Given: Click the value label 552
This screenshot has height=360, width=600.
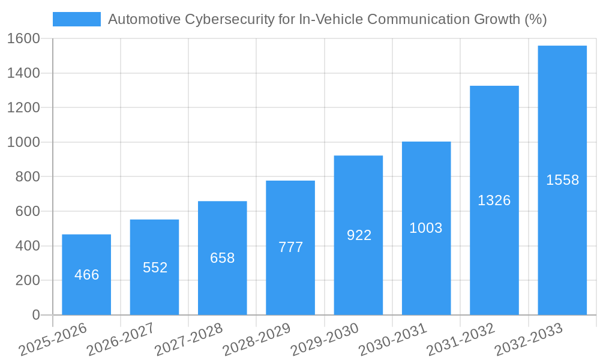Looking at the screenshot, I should click(155, 268).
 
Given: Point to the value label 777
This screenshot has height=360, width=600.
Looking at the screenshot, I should click(290, 247).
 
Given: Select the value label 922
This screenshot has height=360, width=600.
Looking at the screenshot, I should click(359, 235).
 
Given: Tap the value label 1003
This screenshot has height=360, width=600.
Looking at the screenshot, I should click(426, 228).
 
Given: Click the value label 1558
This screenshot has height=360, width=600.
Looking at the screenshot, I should click(562, 180).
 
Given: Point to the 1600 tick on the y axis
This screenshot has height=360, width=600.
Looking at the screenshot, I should click(23, 38).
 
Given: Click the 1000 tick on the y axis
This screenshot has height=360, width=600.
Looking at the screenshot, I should click(23, 142).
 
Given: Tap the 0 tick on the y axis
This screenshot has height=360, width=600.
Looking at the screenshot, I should click(35, 315).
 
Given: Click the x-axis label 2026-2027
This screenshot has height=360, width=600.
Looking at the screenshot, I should click(121, 340).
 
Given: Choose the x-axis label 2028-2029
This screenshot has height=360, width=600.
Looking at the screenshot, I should click(257, 340).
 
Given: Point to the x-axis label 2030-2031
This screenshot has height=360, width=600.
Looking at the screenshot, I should click(393, 340).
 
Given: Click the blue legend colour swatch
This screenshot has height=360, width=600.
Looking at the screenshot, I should click(77, 19).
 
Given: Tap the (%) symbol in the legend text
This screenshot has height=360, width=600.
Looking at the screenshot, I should click(535, 19).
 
